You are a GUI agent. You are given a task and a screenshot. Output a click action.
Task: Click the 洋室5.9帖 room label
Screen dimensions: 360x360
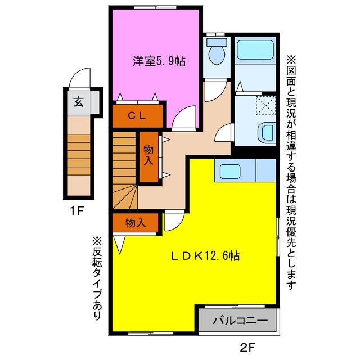pyautogui.click(x=159, y=61)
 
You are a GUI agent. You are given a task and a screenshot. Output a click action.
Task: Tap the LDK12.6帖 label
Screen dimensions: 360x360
pyautogui.click(x=205, y=256)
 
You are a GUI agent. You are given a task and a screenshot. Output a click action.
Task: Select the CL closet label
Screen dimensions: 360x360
pyautogui.click(x=137, y=116)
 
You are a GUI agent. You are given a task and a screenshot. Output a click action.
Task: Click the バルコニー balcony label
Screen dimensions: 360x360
pyautogui.click(x=240, y=320)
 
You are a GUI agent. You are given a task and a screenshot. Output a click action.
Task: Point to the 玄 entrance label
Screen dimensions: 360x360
pyautogui.click(x=78, y=102)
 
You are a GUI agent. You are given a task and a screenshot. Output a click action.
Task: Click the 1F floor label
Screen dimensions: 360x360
pyautogui.click(x=76, y=211)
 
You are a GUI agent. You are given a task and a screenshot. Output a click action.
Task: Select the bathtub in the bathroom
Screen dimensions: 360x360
pyautogui.click(x=255, y=50)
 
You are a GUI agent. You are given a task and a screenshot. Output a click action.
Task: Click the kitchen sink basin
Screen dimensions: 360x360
pyautogui.click(x=230, y=171)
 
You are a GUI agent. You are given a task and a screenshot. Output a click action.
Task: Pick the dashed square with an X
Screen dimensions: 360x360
pyautogui.click(x=266, y=105)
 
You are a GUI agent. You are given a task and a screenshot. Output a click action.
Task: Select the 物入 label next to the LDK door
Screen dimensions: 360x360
pyautogui.click(x=136, y=223)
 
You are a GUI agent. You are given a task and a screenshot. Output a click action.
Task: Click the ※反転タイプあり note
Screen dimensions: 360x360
pyautogui.click(x=97, y=277)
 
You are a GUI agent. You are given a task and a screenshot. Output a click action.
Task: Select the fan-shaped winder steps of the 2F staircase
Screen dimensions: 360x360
pyautogui.click(x=124, y=197)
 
